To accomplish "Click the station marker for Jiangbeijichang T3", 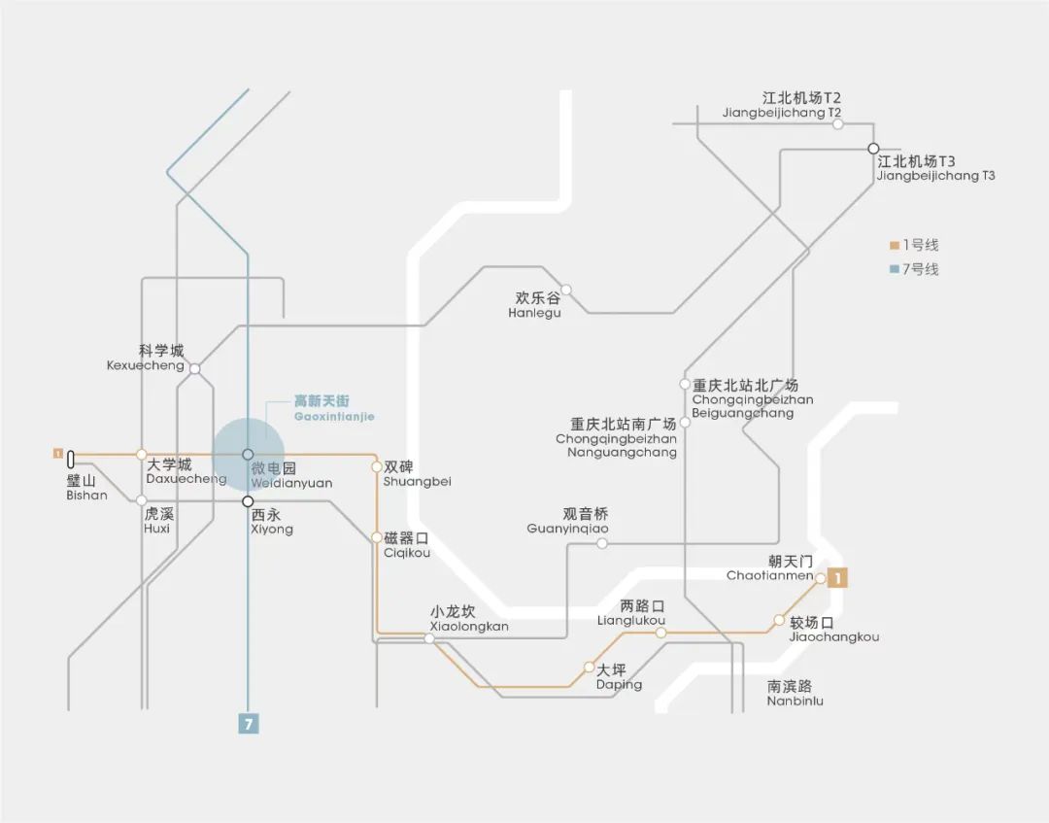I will click(873, 149).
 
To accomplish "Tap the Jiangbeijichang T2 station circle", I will click(837, 123).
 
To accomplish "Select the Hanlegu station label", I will click(535, 305).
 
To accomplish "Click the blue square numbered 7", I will click(249, 723).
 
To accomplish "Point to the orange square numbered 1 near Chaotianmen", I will click(838, 578).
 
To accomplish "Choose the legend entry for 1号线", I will click(914, 245).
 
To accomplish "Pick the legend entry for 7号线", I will click(914, 269).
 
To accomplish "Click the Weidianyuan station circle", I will click(248, 454).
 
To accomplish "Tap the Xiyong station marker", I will click(248, 501).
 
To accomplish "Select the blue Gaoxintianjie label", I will click(334, 408).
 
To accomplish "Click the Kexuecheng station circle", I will click(195, 368).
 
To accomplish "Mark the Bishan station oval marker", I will click(72, 460).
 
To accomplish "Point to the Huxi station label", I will click(157, 521).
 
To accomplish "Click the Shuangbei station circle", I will click(377, 466).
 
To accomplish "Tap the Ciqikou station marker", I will click(377, 537).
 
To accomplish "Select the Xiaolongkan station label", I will click(469, 619).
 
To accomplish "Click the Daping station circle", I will click(589, 667).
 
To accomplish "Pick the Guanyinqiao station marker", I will click(602, 543).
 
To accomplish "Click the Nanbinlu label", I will click(795, 693).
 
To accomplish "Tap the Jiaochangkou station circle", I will click(779, 620).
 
